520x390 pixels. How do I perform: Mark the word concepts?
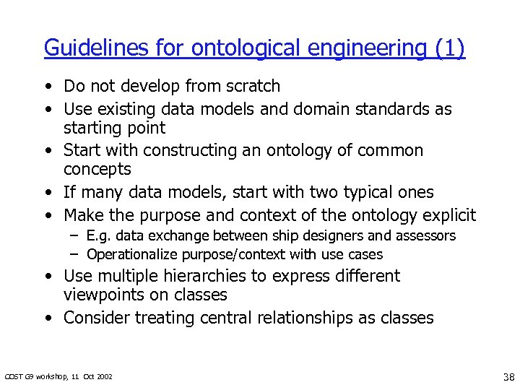[x=97, y=170]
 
